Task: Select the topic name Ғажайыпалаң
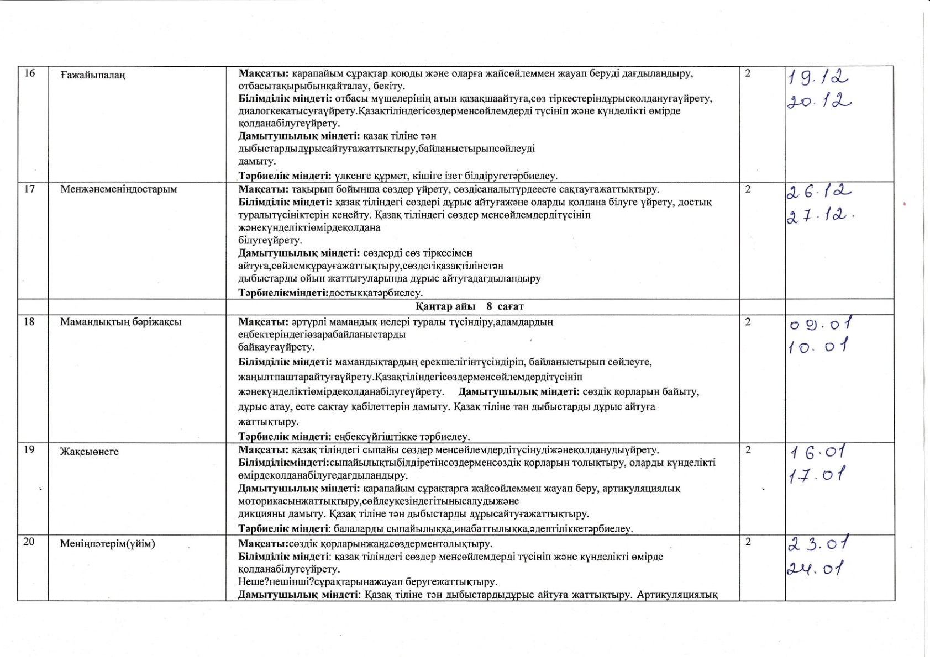[x=93, y=75]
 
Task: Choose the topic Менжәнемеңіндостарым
[x=118, y=189]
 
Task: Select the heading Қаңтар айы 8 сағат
[x=470, y=306]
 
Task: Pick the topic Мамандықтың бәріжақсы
[x=120, y=322]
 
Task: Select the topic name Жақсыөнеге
[x=89, y=452]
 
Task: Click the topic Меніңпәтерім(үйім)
[x=107, y=544]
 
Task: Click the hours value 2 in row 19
[x=748, y=450]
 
